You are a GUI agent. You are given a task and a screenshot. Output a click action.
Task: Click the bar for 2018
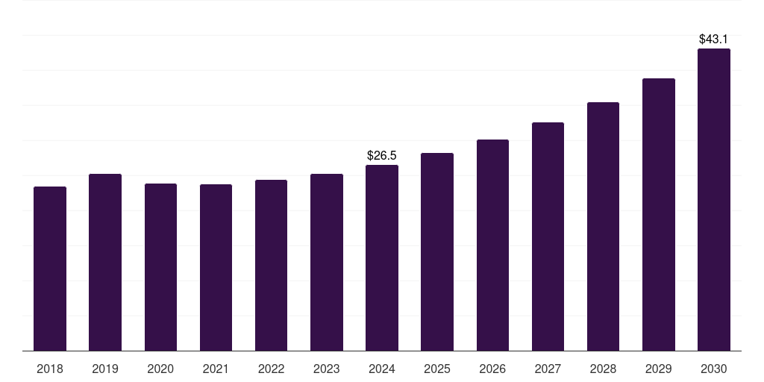50,269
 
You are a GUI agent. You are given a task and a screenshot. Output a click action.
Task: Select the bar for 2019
105,263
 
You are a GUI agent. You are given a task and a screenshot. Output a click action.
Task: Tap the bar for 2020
160,267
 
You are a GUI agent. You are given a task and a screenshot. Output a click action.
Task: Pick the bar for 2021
216,268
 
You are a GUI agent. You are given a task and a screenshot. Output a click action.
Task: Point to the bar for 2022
271,266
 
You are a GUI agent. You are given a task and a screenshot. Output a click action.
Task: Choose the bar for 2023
327,263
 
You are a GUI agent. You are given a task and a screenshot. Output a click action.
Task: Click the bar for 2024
382,258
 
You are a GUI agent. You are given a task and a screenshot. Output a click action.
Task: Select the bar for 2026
492,245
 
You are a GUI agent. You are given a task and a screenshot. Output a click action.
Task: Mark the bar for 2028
603,227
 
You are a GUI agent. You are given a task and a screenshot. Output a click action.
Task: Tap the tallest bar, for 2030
713,200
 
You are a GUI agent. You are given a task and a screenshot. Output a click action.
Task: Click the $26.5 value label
382,155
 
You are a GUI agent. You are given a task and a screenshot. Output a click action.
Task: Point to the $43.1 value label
713,39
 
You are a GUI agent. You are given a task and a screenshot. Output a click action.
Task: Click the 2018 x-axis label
50,369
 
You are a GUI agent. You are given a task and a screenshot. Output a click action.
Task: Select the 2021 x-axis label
216,369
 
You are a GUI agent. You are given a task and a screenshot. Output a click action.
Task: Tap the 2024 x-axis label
382,369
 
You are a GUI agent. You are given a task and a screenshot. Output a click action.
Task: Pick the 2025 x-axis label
437,369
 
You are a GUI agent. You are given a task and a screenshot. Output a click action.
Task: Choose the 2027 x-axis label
548,369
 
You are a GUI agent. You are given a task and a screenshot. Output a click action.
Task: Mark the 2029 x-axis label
658,369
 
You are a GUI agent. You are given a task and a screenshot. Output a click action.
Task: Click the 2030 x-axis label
713,369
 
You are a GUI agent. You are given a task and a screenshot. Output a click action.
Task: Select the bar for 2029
658,215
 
